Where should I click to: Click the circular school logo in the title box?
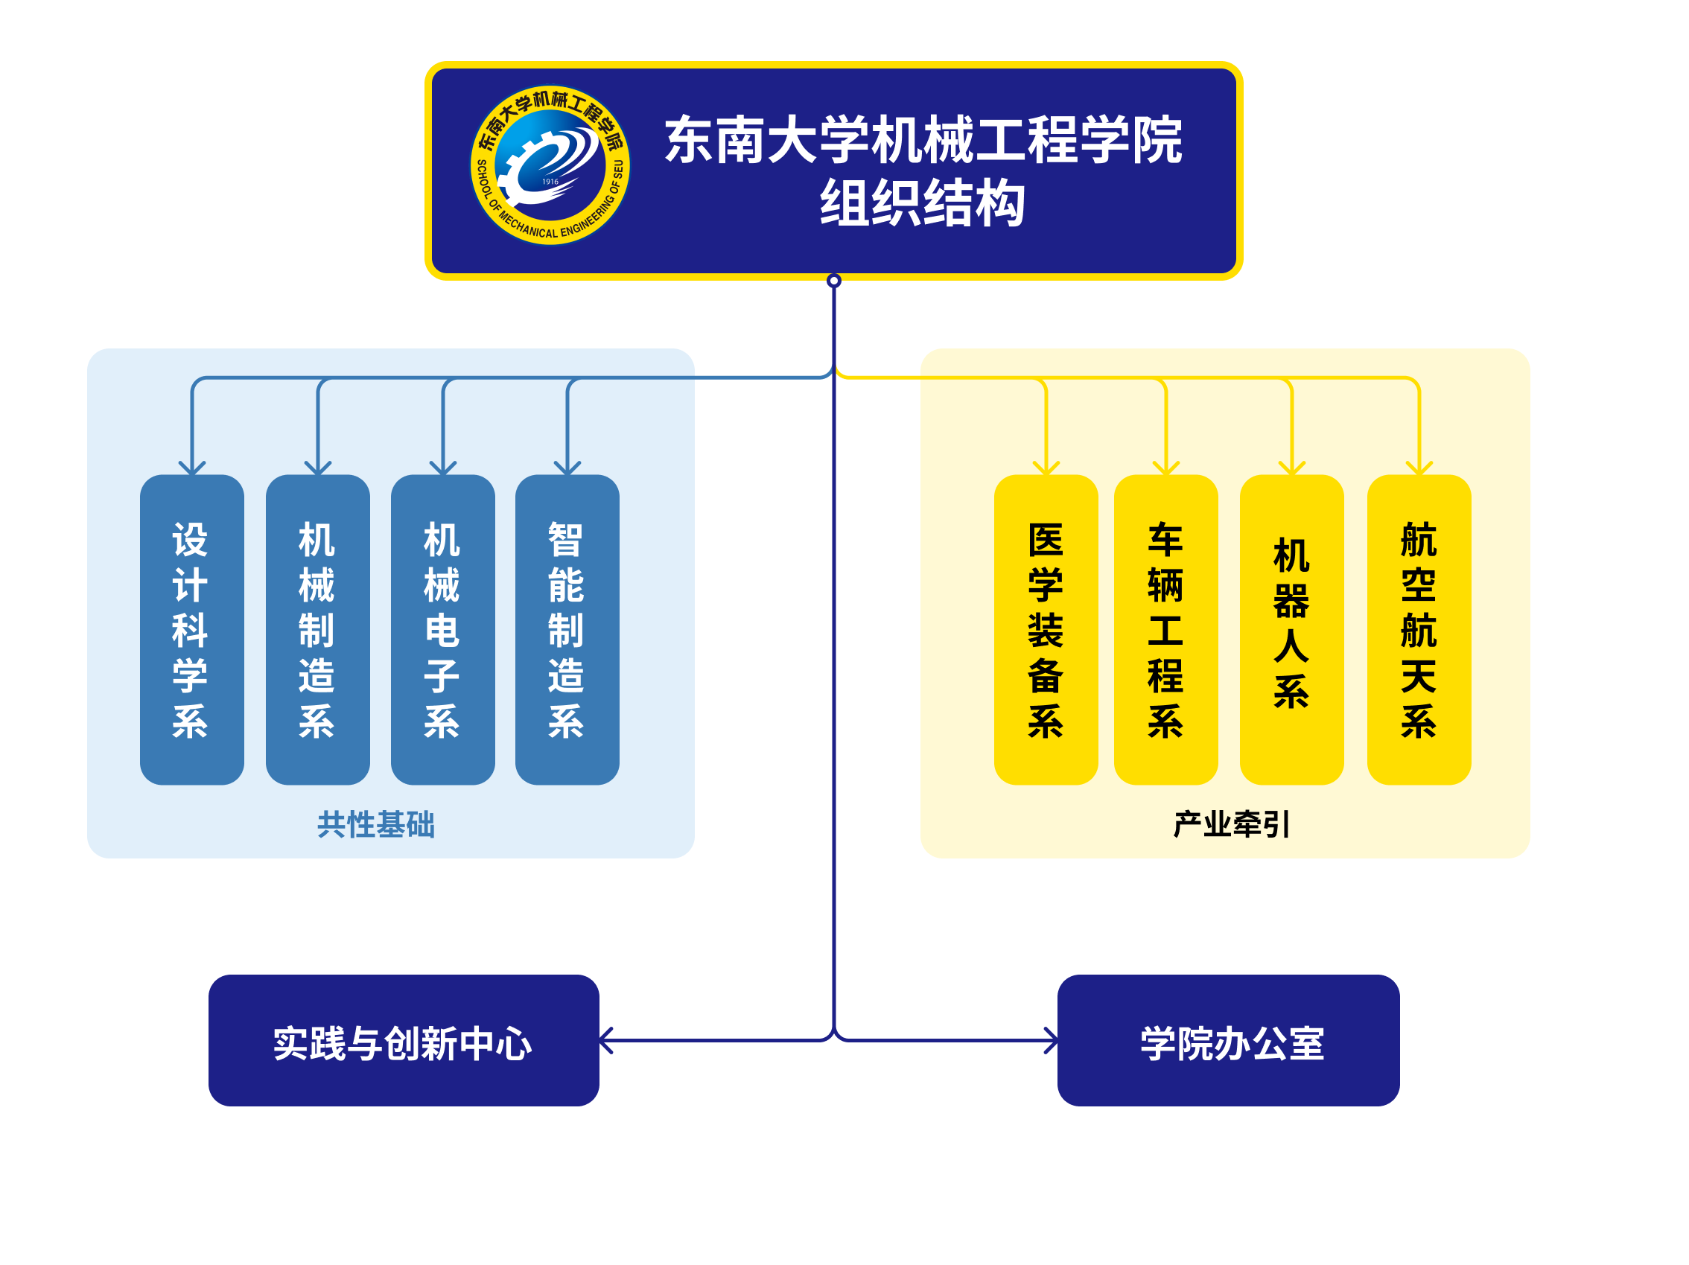550,165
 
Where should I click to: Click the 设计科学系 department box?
191,630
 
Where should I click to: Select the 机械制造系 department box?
318,630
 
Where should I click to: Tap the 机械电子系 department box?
443,630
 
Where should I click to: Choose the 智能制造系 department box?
567,630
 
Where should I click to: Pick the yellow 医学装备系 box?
1046,630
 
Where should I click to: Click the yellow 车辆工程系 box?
1165,630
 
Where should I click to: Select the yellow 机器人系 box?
1291,630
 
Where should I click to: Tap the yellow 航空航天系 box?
1419,630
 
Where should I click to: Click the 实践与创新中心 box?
403,1041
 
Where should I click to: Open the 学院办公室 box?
1228,1041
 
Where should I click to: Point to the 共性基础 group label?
375,824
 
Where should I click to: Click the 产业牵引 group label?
1231,824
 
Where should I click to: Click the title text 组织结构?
923,203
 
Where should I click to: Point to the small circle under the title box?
834,280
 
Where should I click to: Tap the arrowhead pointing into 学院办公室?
1052,1041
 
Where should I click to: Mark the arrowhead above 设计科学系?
191,468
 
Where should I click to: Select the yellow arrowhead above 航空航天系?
1419,468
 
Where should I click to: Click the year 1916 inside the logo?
550,182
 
